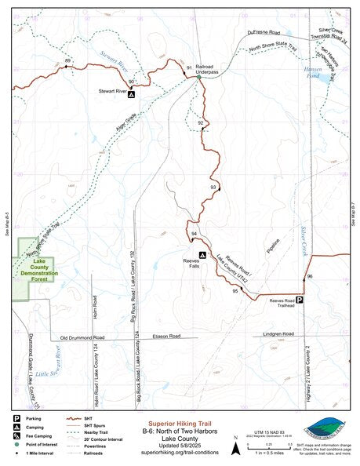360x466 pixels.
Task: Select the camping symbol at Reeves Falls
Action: click(x=202, y=255)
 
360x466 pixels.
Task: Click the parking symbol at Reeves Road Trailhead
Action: click(x=299, y=300)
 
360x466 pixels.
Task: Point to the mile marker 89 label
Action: click(x=68, y=61)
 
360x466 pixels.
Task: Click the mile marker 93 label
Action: click(x=213, y=187)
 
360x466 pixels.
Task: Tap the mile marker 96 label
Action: click(x=310, y=277)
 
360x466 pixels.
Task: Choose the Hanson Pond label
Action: click(x=311, y=77)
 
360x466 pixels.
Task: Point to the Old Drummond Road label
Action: click(x=82, y=337)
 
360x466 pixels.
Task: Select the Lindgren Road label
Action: click(x=278, y=334)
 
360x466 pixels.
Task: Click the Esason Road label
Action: click(x=166, y=336)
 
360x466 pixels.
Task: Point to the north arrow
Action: click(x=235, y=448)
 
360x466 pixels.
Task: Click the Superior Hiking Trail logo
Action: click(x=325, y=428)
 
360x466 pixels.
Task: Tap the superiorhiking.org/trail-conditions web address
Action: click(x=179, y=453)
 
